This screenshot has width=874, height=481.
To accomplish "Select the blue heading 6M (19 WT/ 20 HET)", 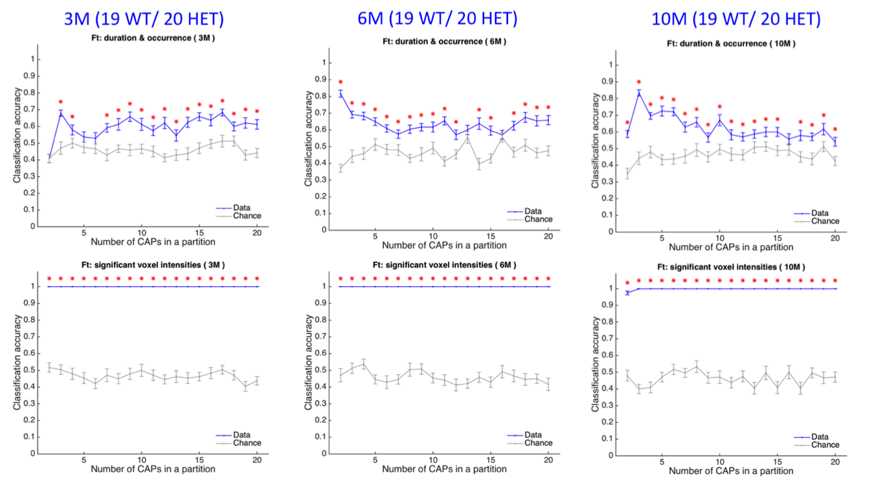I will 438,18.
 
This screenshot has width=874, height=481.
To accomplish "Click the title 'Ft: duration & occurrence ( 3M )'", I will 152,38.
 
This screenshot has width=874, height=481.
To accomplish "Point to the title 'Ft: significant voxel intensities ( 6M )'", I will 444,265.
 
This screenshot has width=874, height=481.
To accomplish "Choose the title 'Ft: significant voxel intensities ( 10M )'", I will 732,267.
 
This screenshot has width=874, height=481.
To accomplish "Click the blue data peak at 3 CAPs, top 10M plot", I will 638,93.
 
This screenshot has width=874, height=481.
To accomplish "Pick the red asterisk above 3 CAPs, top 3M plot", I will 61,102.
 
